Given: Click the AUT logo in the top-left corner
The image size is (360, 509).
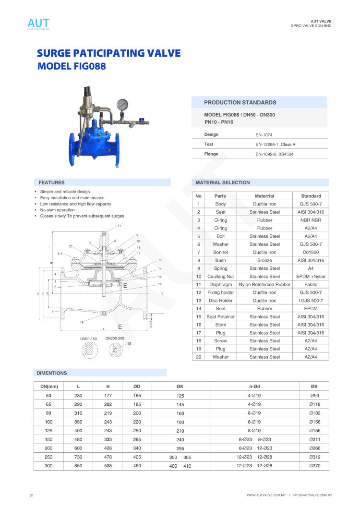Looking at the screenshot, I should coord(38,23).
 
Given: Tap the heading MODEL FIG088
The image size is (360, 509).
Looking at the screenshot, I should coord(72,66).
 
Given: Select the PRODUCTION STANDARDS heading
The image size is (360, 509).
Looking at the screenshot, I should coord(240,103).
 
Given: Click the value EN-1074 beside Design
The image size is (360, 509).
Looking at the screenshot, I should coord(264,135).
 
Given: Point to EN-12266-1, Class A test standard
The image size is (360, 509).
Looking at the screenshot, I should coord(275,145).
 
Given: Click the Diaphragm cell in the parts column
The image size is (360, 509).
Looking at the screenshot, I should coord(220,285).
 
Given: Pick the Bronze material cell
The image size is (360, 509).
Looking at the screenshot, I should coord(264,260).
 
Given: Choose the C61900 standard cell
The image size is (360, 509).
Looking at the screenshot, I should coord(311,252).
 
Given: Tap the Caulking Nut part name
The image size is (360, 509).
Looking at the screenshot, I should coord(220,277).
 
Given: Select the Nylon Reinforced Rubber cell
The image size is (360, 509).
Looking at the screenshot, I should coord(264,285).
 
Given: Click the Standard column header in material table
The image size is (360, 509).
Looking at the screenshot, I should coord(311,196).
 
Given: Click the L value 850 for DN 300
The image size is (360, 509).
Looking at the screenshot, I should coord(78,466).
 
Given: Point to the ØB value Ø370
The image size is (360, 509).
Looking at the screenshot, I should coord(315,466).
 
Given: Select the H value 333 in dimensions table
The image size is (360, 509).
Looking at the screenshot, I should coord(108,439).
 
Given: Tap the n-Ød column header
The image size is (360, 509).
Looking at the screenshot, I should coord(254,387).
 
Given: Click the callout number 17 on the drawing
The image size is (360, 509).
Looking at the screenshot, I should coord(120,225).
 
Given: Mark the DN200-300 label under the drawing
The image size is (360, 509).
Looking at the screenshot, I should coord(115,339).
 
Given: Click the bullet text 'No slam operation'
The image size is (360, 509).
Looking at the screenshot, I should coord(57,210).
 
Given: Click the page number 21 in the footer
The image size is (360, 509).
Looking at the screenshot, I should coord(32,495).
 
